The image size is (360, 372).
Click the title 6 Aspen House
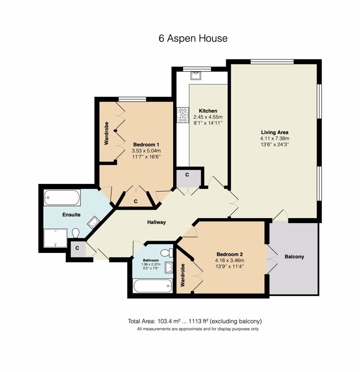click(x=193, y=38)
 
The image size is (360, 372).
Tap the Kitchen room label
click(x=208, y=111)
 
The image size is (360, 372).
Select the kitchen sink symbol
click(x=196, y=76)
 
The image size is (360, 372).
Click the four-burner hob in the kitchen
click(x=183, y=115)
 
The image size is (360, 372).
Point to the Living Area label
click(x=275, y=132)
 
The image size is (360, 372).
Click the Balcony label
click(x=294, y=256)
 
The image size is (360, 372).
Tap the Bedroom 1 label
click(x=146, y=144)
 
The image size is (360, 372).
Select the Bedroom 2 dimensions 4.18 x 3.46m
click(x=229, y=260)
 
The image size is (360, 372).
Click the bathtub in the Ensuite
click(x=62, y=197)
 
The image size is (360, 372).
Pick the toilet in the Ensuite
click(x=76, y=233)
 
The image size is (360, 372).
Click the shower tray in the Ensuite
click(x=55, y=238)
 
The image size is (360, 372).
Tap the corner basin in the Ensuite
click(x=94, y=223)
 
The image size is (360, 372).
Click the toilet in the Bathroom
click(x=167, y=253)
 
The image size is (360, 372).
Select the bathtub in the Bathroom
click(x=153, y=286)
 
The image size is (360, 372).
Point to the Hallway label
click(x=157, y=222)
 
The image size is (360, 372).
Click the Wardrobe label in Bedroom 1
click(x=107, y=133)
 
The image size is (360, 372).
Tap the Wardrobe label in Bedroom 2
click(x=183, y=275)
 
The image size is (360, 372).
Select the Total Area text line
click(x=195, y=321)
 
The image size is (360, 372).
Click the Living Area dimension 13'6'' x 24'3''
click(x=275, y=144)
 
